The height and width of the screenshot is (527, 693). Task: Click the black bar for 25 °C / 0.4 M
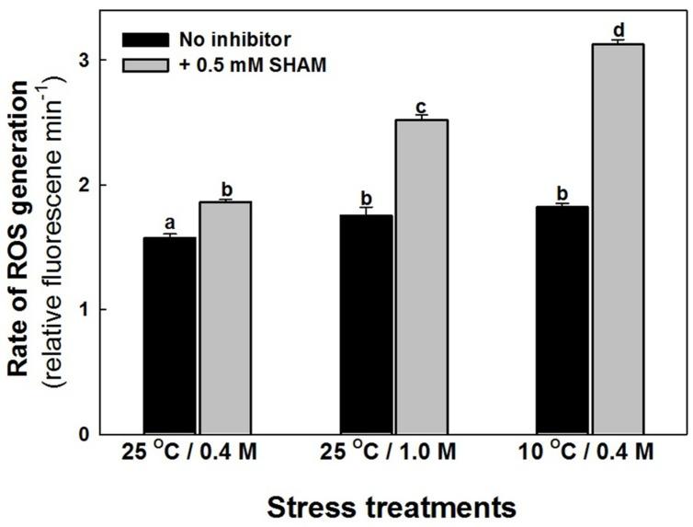click(x=171, y=336)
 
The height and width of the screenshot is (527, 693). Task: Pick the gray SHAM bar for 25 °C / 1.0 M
click(x=421, y=276)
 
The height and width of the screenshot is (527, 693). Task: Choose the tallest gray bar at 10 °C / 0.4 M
click(x=617, y=239)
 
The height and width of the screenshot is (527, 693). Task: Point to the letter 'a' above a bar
click(x=171, y=223)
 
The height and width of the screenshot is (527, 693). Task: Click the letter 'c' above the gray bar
click(x=421, y=106)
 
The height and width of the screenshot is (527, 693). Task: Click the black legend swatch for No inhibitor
click(x=145, y=40)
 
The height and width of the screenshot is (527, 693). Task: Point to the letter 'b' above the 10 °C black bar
click(x=562, y=193)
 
